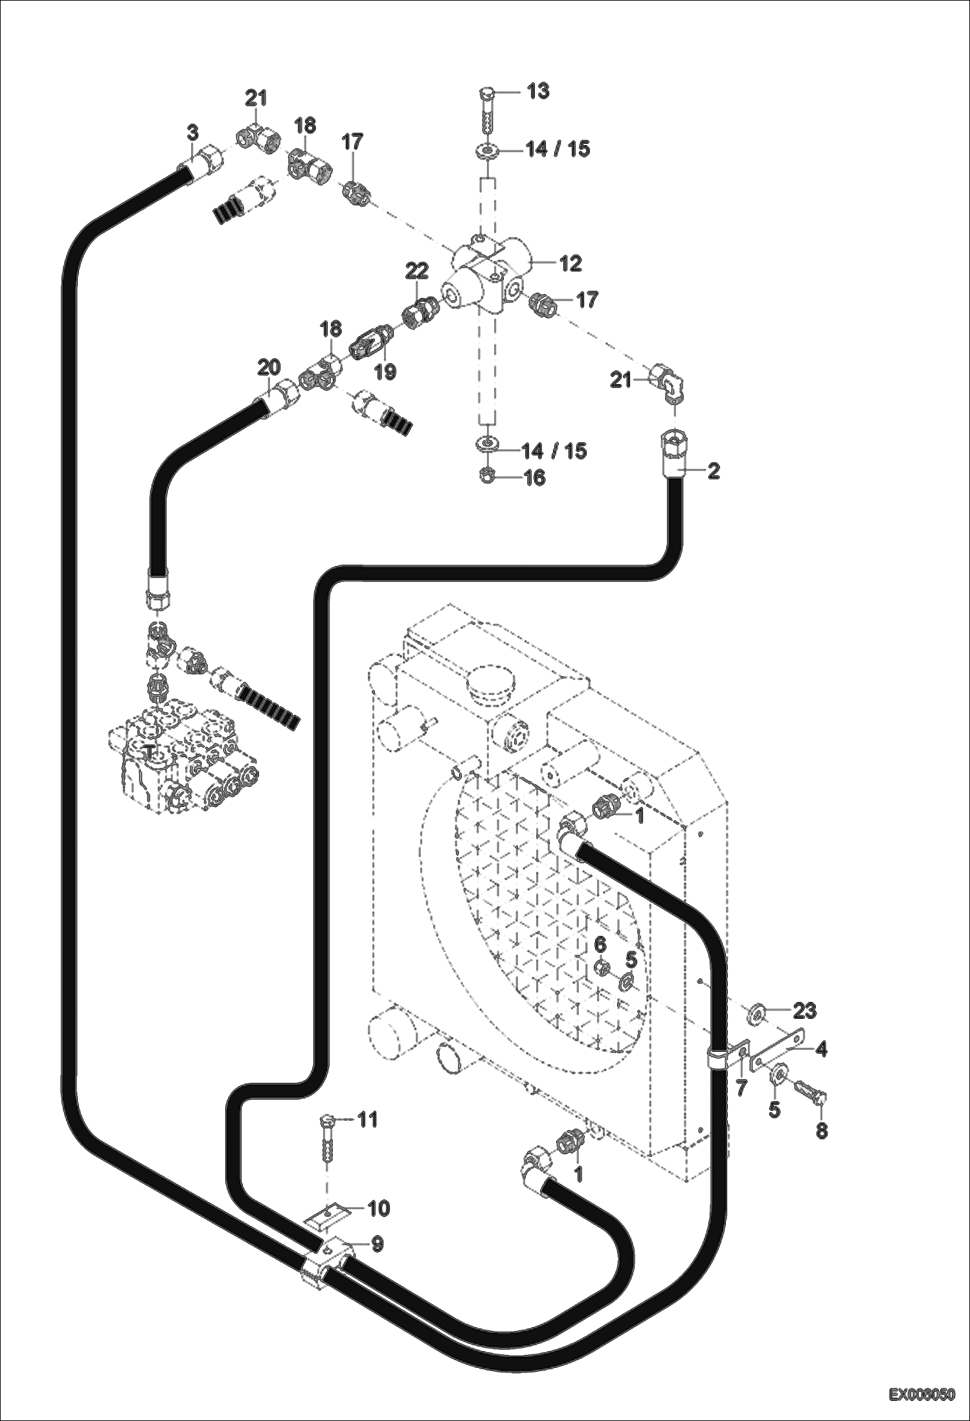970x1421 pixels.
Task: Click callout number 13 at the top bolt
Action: click(538, 91)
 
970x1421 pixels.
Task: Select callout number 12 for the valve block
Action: click(570, 263)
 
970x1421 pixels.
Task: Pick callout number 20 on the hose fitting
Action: click(269, 367)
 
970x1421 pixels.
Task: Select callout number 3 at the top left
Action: click(192, 133)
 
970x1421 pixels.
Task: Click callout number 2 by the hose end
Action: click(713, 471)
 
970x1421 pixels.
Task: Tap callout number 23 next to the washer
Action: click(804, 1010)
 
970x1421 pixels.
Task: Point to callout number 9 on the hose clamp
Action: click(377, 1244)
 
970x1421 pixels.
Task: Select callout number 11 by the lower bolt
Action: click(368, 1119)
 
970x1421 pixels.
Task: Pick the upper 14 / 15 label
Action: click(558, 149)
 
